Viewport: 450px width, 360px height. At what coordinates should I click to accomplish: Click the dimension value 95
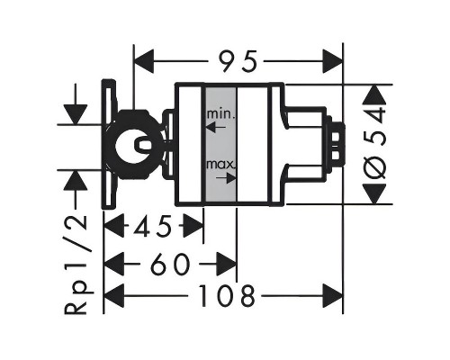point(238,61)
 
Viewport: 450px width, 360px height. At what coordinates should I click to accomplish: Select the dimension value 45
point(152,225)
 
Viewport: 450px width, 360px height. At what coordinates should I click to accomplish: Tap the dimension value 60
point(170,264)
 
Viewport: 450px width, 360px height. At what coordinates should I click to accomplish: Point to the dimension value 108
point(228,296)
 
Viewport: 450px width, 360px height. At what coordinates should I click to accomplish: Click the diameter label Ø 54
point(376,144)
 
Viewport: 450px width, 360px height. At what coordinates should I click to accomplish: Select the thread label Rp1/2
point(76,265)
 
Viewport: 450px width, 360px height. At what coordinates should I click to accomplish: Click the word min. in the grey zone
point(220,114)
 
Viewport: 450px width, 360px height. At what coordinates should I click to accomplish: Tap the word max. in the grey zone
point(221,165)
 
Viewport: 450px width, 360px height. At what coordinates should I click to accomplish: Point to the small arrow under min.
point(216,128)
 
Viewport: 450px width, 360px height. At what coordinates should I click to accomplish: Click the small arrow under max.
point(226,178)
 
